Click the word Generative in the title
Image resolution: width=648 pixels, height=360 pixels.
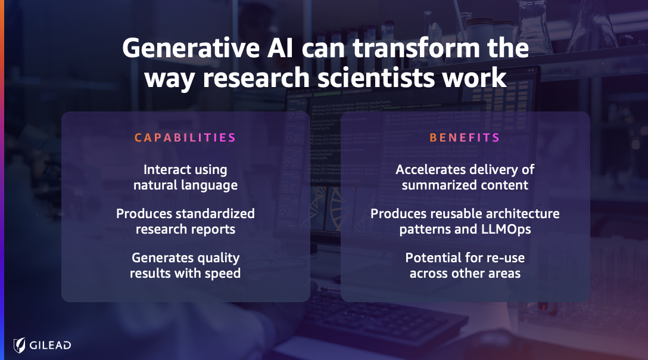[191, 48]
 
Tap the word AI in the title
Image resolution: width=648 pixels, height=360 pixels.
[280, 48]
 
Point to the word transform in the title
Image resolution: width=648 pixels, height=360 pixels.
[416, 48]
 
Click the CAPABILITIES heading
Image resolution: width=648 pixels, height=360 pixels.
[185, 137]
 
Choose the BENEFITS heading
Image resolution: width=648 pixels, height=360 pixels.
[465, 137]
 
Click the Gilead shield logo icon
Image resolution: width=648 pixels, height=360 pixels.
[20, 345]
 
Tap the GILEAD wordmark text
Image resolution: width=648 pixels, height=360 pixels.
[51, 345]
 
